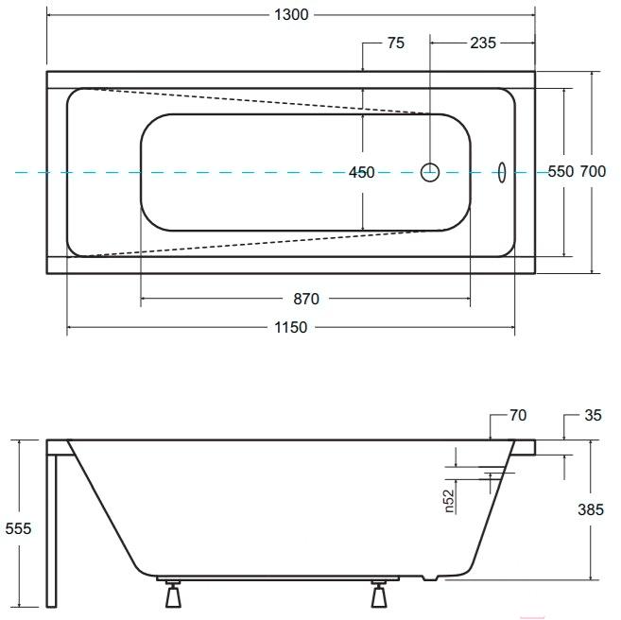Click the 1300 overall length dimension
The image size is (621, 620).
click(x=291, y=15)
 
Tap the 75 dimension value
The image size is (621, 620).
click(x=396, y=43)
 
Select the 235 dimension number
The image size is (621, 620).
click(x=483, y=43)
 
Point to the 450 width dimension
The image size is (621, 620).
click(x=362, y=172)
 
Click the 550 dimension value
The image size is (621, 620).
click(x=561, y=171)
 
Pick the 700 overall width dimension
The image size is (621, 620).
click(x=593, y=171)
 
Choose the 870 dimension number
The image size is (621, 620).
click(x=306, y=299)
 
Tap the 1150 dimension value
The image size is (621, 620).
click(x=291, y=327)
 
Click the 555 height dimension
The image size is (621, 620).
click(x=18, y=528)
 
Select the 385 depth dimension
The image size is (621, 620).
click(x=591, y=509)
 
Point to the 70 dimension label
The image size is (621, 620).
click(x=518, y=415)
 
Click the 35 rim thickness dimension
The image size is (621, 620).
click(x=593, y=415)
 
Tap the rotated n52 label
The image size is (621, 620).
click(x=449, y=501)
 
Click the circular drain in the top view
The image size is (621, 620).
click(x=430, y=172)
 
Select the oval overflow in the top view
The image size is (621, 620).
click(x=502, y=172)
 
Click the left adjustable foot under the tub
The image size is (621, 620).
click(x=173, y=594)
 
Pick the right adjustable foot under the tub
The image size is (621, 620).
click(x=379, y=594)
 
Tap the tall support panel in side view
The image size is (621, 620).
click(x=51, y=530)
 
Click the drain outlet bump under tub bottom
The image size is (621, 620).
click(x=430, y=577)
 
